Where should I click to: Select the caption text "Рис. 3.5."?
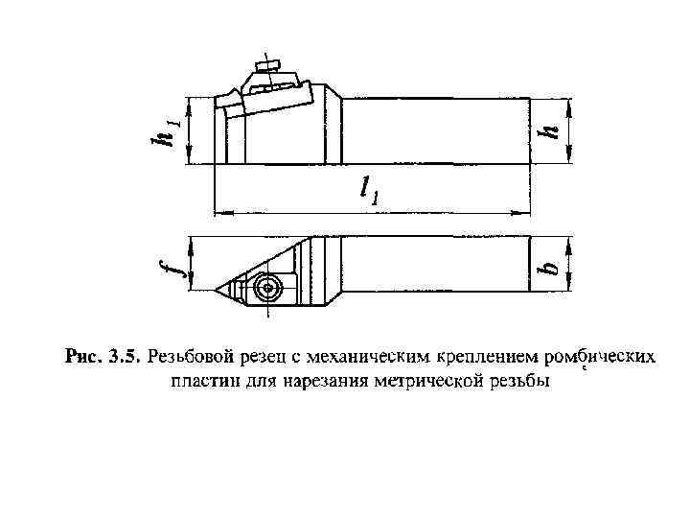103,358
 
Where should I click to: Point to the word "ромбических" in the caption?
599,358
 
